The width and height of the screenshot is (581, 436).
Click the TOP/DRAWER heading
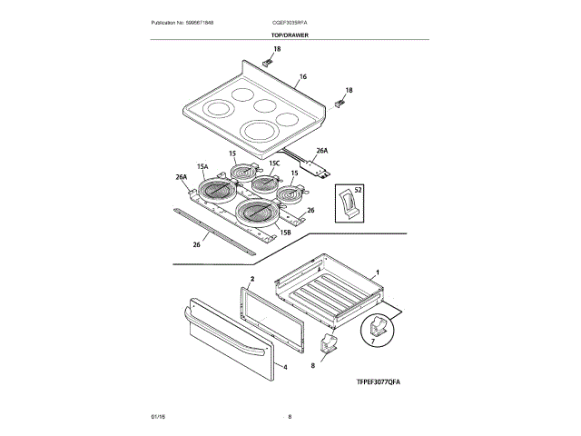(x=290, y=35)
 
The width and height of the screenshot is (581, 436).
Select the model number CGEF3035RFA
(x=290, y=22)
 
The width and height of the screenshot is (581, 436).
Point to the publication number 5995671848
(x=188, y=22)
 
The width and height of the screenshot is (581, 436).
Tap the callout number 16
(x=302, y=77)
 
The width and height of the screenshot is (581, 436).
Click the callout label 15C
(x=274, y=163)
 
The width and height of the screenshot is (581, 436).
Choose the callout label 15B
(x=285, y=233)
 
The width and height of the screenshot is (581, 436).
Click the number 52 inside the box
(x=358, y=189)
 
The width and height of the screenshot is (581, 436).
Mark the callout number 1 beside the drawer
(x=378, y=272)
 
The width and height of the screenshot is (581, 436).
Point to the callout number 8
(x=312, y=364)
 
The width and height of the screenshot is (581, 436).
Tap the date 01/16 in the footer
(x=158, y=416)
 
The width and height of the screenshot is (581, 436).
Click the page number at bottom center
(x=290, y=416)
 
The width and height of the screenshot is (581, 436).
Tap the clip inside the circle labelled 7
(x=380, y=327)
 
